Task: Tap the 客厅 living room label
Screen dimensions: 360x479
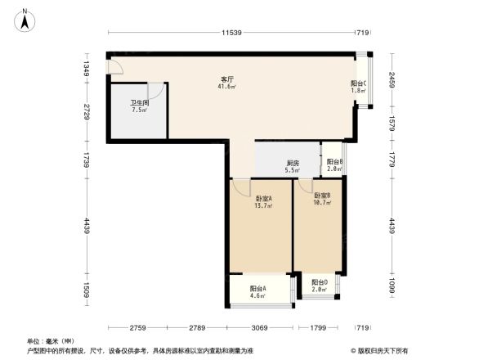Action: click(226, 79)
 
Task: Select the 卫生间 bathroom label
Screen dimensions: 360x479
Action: click(137, 103)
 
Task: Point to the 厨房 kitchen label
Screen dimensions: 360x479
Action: click(292, 163)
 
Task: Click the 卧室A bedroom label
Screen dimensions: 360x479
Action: click(263, 198)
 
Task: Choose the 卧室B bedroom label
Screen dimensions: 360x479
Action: click(322, 196)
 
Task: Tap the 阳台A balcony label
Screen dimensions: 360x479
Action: click(257, 289)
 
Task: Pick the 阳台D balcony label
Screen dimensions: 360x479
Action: click(319, 282)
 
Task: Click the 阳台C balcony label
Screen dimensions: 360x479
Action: click(358, 83)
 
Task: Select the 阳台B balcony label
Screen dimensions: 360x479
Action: click(334, 162)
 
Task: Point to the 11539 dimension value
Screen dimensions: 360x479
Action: click(231, 33)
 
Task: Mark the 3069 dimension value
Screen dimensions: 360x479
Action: click(259, 328)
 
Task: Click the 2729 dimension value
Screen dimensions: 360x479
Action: click(85, 111)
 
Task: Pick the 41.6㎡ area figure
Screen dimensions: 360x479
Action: click(226, 87)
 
